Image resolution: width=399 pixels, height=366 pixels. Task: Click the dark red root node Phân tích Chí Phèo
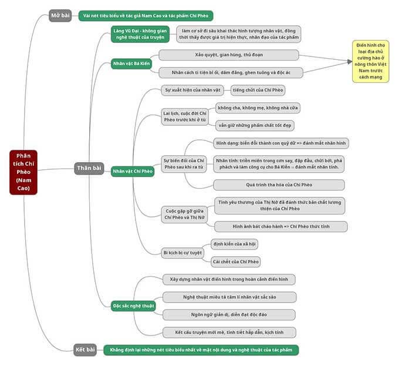click(23, 172)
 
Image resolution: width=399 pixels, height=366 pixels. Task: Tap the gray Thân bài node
click(89, 168)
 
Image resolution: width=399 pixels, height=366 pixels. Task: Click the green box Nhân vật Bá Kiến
click(131, 63)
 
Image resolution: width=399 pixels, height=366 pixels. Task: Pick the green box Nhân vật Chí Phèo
click(133, 172)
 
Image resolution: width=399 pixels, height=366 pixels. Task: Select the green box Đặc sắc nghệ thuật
click(134, 305)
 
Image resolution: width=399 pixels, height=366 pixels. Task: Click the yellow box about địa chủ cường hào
click(370, 61)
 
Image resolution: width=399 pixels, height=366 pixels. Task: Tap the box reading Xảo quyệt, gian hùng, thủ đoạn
click(228, 55)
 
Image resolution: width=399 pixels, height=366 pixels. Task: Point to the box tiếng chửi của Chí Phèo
click(253, 90)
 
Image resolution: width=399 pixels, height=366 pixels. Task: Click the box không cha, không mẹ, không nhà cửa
click(258, 108)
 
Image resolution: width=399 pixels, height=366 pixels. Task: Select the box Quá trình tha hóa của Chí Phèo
click(279, 184)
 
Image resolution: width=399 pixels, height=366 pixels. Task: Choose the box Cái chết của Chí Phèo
click(235, 261)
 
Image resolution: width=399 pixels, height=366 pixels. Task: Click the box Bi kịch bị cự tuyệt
click(182, 253)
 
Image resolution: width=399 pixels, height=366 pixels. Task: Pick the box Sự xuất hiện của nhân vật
click(192, 90)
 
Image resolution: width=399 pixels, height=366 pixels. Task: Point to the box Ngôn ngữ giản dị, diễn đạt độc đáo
click(229, 314)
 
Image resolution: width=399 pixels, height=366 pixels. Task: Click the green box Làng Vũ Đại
click(140, 34)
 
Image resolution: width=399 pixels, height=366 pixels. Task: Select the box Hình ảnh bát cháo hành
click(280, 226)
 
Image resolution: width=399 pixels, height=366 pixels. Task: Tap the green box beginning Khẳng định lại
click(201, 350)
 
